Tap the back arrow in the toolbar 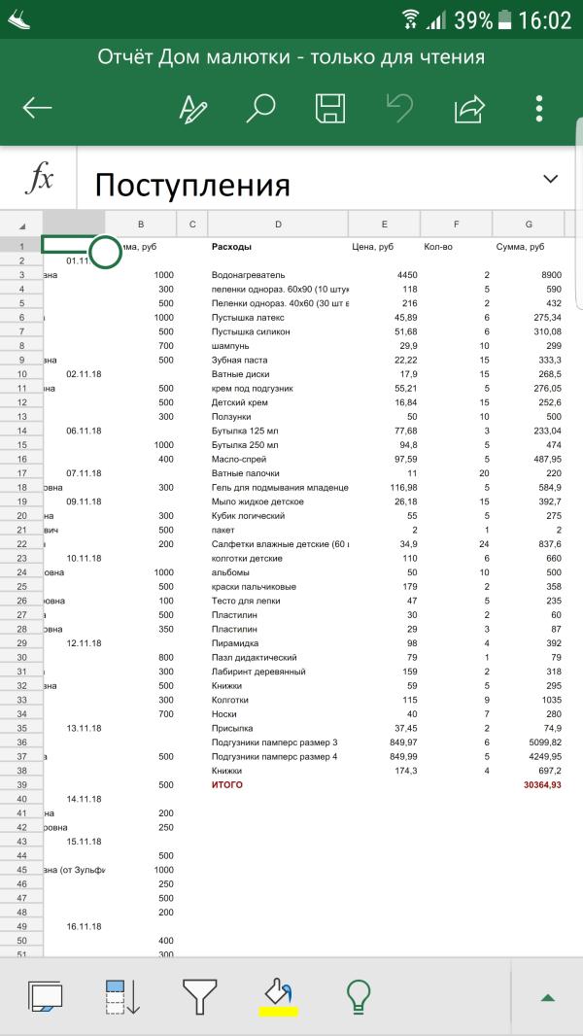37,108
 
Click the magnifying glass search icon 260,108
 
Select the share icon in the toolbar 468,108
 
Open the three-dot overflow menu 539,108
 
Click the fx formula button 39,180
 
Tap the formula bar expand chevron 551,179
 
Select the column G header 529,224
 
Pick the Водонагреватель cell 248,275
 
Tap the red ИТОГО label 227,784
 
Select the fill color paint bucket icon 279,994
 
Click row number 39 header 20,784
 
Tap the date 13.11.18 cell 84,728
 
